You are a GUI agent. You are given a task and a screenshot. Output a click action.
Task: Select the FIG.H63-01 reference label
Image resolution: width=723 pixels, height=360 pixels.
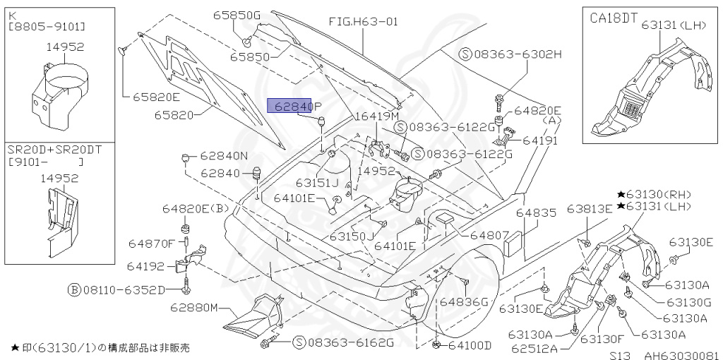[363, 21]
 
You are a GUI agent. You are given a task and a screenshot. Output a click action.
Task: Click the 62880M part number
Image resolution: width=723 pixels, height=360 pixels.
[193, 308]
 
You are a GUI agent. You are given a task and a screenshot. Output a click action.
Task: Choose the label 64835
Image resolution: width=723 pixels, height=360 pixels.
[535, 212]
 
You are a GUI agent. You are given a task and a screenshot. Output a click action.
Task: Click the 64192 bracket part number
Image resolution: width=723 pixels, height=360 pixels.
[145, 266]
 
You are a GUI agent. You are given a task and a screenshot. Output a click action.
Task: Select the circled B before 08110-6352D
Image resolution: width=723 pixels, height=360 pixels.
[73, 289]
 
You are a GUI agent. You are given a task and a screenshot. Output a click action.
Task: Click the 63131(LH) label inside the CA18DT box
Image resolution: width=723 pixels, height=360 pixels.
[674, 25]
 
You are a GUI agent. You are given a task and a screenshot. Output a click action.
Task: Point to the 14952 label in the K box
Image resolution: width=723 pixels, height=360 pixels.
[66, 47]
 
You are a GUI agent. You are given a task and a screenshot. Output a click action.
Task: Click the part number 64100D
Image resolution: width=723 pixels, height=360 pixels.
[469, 345]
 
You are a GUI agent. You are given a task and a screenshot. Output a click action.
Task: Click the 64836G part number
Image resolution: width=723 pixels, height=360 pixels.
[464, 301]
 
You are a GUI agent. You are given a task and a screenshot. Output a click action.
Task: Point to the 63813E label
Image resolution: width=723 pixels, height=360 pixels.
[589, 209]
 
